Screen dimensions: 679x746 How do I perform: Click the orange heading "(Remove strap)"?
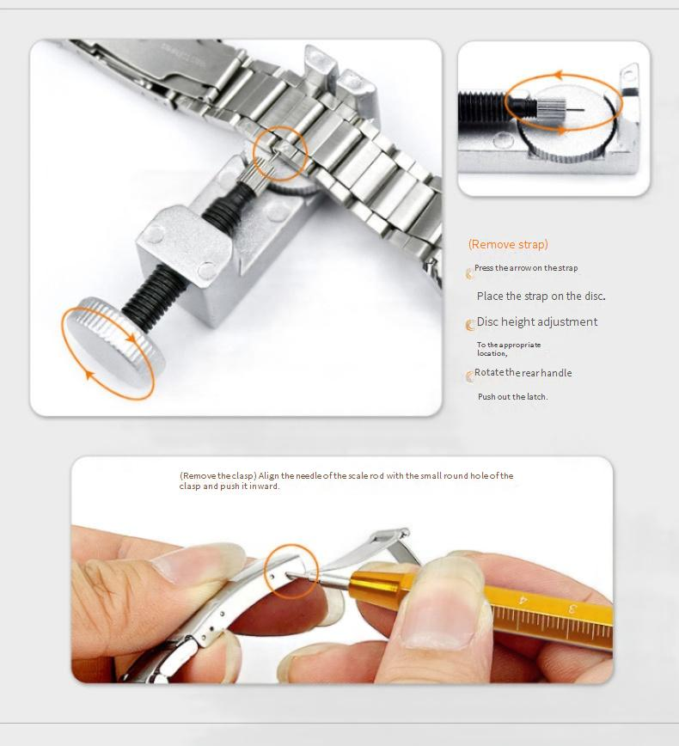[508, 245]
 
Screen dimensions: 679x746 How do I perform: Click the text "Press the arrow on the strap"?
[526, 268]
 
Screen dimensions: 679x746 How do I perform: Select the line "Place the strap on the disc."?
[541, 296]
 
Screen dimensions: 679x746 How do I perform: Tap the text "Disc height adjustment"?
[536, 321]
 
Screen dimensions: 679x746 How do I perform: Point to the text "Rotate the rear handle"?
[523, 372]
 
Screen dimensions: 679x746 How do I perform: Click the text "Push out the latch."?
[512, 396]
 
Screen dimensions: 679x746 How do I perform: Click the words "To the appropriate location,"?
[509, 349]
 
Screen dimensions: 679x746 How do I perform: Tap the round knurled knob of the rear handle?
[113, 341]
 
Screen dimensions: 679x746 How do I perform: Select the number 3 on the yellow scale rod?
[572, 608]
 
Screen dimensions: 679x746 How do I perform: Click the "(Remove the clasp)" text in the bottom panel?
[218, 476]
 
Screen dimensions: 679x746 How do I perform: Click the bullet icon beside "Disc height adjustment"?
[469, 325]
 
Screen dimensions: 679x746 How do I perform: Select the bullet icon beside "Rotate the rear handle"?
[469, 376]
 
